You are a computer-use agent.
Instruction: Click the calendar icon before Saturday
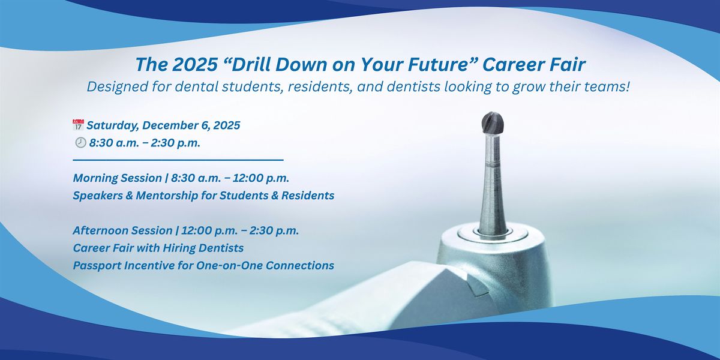click(x=78, y=125)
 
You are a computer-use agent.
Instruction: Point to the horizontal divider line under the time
click(x=178, y=160)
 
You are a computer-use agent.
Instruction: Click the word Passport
click(x=96, y=265)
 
